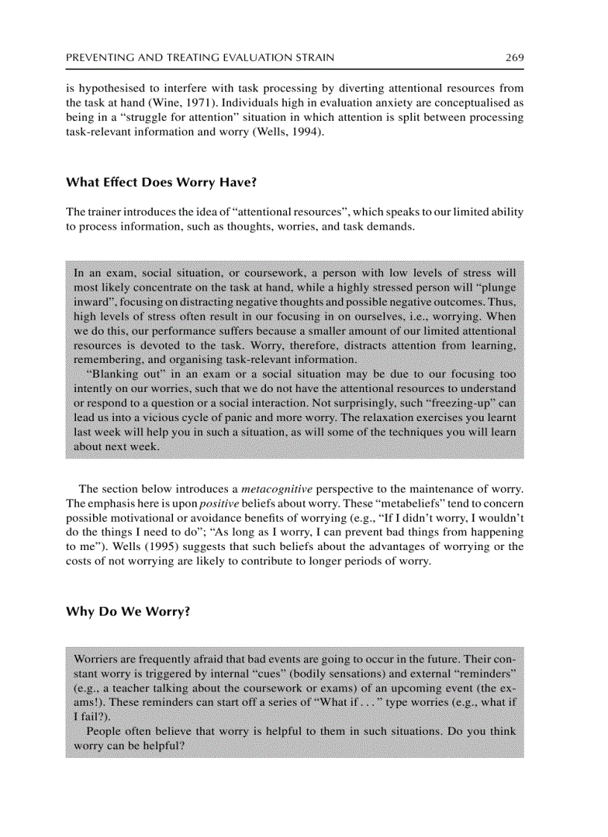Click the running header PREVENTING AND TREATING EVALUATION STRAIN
click(x=200, y=57)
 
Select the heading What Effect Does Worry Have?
click(x=161, y=182)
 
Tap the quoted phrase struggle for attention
click(x=174, y=118)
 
